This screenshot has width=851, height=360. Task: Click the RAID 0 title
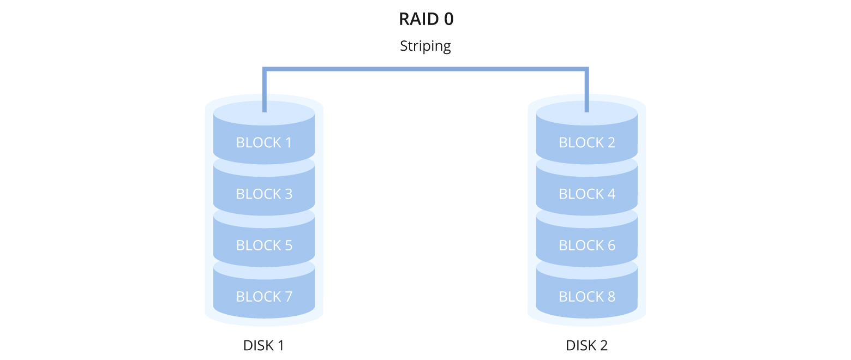(x=426, y=19)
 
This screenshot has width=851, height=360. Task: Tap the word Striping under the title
(x=425, y=46)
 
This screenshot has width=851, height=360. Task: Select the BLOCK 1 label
(x=264, y=142)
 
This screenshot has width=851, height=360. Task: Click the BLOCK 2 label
(x=587, y=142)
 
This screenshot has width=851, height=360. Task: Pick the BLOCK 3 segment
(x=264, y=194)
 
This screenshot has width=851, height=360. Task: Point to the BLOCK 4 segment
(x=587, y=194)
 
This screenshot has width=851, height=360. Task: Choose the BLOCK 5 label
(x=264, y=245)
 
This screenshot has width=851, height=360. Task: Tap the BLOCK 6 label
(x=587, y=245)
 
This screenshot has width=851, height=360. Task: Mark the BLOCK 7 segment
(x=264, y=297)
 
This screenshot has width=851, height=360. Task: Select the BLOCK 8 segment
(x=587, y=297)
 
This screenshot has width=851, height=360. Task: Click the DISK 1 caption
(x=264, y=345)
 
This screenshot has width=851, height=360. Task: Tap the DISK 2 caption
(x=587, y=345)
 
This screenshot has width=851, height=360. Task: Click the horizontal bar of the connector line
(x=425, y=69)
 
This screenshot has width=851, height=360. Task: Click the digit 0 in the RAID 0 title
(x=448, y=19)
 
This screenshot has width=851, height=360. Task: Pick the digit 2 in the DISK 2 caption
(x=603, y=345)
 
